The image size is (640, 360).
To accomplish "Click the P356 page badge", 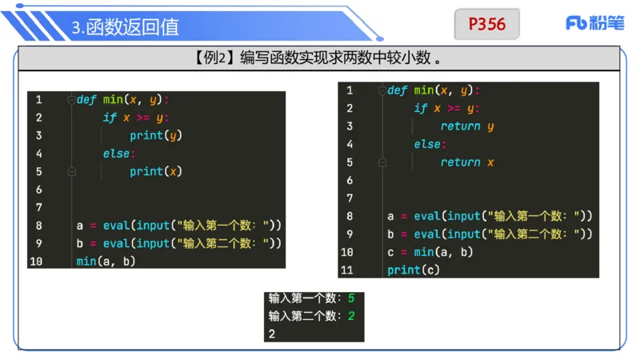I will pos(486,24).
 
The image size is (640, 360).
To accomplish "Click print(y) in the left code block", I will pos(156,135).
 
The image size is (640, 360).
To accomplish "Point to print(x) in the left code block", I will pos(156,171).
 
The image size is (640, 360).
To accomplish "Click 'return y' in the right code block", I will pos(466,126).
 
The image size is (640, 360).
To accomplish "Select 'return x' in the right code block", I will pos(466,162).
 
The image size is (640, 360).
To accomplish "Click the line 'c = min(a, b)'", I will pos(430,252).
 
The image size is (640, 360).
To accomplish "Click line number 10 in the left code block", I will pos(35,262).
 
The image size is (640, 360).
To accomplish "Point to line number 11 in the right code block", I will pos(346,270).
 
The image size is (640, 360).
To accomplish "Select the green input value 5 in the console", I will pos(350,298).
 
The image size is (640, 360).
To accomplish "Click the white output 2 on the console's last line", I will pos(272,334).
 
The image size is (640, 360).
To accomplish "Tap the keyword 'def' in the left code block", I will pos(86,99).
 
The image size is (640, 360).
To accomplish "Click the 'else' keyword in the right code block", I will pos(426,144).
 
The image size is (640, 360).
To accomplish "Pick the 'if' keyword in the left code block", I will pos(110,118).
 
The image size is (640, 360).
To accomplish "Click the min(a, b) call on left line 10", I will pos(106,262).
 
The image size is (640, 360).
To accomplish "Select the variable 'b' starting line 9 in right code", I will pos(390,234).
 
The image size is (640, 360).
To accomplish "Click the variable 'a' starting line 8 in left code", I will pos(80,226).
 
